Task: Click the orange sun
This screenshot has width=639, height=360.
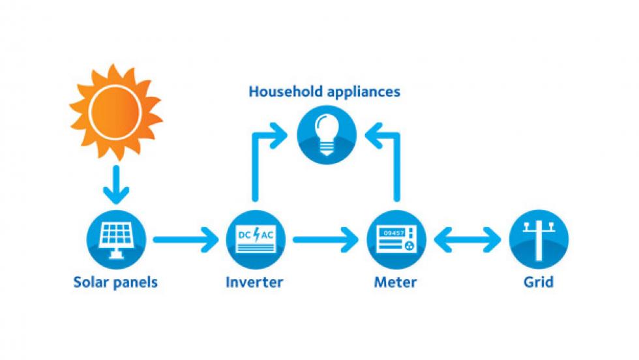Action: [116, 112]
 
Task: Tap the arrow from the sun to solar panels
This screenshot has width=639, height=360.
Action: [116, 185]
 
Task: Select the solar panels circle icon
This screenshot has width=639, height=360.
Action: [117, 240]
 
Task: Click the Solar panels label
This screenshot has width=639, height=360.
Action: [115, 282]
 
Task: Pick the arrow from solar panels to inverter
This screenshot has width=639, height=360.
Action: [185, 240]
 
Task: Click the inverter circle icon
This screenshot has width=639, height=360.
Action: [256, 240]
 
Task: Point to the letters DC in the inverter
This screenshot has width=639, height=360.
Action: [244, 235]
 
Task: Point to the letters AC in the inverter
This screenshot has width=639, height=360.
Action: [267, 235]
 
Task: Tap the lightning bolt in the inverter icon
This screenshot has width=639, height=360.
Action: [256, 235]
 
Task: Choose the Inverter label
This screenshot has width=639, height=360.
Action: [254, 282]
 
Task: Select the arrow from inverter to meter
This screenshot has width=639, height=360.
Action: [325, 240]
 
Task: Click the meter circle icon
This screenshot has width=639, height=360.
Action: [396, 240]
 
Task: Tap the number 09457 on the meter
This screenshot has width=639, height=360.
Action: [394, 233]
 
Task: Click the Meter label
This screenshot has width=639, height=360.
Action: [395, 282]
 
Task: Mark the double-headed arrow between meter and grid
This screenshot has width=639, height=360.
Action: [468, 240]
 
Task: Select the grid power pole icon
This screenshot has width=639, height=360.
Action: [539, 240]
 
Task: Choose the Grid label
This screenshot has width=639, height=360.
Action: [539, 282]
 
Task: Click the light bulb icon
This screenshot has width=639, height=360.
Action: [327, 135]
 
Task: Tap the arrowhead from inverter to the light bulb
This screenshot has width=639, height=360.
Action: [280, 136]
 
